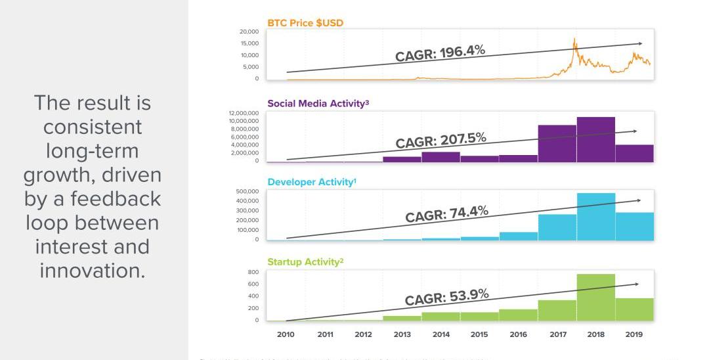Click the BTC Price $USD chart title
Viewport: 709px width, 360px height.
pyautogui.click(x=305, y=23)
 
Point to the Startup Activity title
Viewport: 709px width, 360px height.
pyautogui.click(x=305, y=262)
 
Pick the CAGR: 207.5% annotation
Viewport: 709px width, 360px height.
pyautogui.click(x=440, y=140)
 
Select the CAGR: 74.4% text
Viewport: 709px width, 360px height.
pyautogui.click(x=446, y=214)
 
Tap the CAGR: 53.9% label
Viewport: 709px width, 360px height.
pyautogui.click(x=446, y=297)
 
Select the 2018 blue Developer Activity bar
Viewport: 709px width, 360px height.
pyautogui.click(x=595, y=217)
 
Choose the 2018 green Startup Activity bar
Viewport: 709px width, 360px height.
pyautogui.click(x=595, y=297)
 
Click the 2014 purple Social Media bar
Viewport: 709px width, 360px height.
pyautogui.click(x=440, y=157)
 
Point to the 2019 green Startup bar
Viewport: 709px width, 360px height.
pyautogui.click(x=634, y=309)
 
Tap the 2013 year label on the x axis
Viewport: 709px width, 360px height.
pyautogui.click(x=402, y=334)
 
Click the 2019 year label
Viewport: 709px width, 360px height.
pyautogui.click(x=634, y=334)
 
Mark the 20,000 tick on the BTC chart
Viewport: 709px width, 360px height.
pyautogui.click(x=249, y=32)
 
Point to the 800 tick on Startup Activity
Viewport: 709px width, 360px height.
pyautogui.click(x=253, y=272)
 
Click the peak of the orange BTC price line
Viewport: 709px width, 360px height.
pyautogui.click(x=574, y=39)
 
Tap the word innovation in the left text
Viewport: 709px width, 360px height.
pyautogui.click(x=92, y=270)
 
